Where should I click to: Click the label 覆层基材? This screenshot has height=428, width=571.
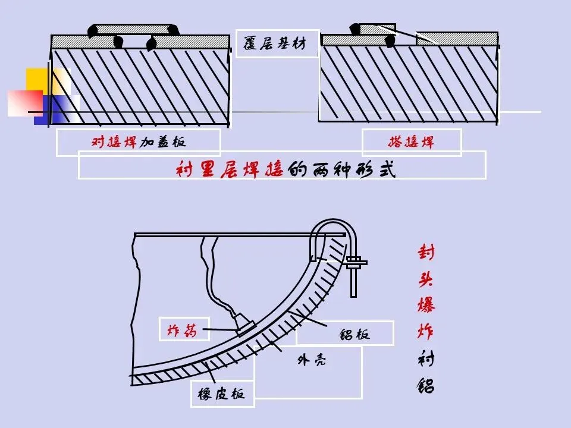[x=277, y=43]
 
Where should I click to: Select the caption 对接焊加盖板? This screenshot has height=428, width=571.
[x=138, y=143]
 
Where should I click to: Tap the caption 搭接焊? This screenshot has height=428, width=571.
[x=411, y=143]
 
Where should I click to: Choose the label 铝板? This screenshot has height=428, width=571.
[x=354, y=333]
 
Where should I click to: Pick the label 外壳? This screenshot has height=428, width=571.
[x=311, y=360]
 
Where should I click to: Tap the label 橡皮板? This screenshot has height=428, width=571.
[x=222, y=394]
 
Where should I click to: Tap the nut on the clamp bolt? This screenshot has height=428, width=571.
[x=354, y=262]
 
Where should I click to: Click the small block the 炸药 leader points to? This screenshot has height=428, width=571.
[x=245, y=328]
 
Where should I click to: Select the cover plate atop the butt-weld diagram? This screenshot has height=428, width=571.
[x=133, y=29]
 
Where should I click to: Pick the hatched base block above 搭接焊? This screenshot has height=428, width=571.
[x=409, y=83]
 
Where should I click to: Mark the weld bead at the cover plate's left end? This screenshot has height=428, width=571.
[x=91, y=30]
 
